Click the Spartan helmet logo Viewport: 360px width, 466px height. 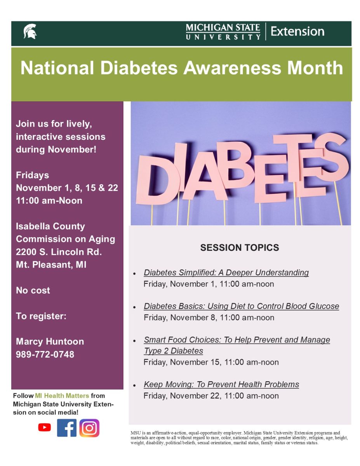tap(30, 31)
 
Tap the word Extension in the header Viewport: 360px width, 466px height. tap(297, 31)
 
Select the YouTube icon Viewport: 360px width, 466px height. tap(45, 428)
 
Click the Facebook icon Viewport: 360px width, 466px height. tap(67, 428)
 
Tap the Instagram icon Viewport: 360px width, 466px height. tap(89, 428)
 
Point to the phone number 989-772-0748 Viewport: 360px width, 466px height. tap(45, 354)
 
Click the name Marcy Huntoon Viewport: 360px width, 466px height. tap(50, 341)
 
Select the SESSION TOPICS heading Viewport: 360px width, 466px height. tap(240, 248)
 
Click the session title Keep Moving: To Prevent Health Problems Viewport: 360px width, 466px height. tap(221, 384)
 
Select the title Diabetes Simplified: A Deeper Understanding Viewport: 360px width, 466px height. tap(226, 273)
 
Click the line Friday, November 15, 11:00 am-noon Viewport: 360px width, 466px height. tap(211, 362)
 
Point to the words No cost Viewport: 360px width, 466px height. tap(33, 290)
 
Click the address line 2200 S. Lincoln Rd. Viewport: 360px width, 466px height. tap(59, 252)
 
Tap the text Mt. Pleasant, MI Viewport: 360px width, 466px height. tap(51, 264)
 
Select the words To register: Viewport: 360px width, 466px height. tap(41, 316)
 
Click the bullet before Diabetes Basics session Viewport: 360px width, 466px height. tap(134, 307)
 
